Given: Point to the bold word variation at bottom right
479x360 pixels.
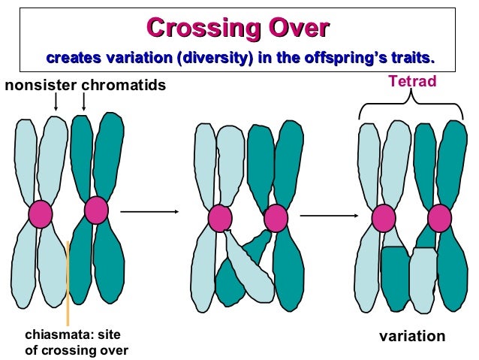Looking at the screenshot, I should coord(411,336).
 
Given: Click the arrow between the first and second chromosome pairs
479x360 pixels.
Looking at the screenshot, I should coord(149,212).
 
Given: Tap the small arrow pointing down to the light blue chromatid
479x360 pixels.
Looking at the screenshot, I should coord(56,104).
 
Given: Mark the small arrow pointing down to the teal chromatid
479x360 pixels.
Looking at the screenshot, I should coord(83,102).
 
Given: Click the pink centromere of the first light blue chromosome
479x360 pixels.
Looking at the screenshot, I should coord(41,215).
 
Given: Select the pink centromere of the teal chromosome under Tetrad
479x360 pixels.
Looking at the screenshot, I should coord(439,218).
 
